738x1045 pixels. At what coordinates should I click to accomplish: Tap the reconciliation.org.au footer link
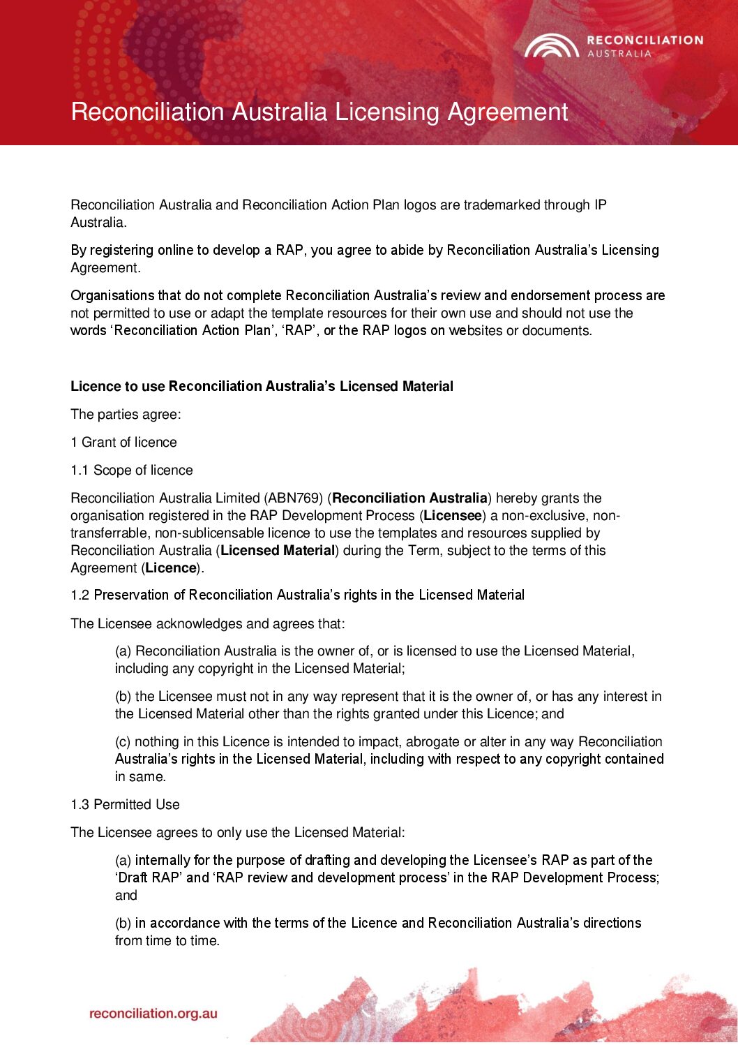coord(153,1014)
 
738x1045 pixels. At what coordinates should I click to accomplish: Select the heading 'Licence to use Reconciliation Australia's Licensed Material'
coord(262,386)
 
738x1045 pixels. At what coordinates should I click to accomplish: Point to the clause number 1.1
coord(80,470)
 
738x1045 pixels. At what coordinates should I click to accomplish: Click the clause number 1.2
coord(80,595)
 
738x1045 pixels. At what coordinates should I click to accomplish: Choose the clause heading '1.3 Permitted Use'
coord(125,804)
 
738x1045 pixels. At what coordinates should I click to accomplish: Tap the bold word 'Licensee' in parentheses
coord(453,515)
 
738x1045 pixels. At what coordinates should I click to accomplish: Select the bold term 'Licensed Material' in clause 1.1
coord(278,550)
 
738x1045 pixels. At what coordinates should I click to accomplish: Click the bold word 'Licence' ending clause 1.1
coord(170,568)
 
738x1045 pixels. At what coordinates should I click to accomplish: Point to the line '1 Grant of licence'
coord(123,442)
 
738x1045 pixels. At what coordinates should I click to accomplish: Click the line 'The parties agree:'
coord(126,414)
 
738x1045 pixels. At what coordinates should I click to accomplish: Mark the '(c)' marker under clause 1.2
coord(123,741)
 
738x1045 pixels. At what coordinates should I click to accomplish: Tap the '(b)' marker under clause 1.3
coord(123,923)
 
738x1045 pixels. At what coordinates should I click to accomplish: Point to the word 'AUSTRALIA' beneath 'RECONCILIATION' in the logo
coord(619,54)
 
